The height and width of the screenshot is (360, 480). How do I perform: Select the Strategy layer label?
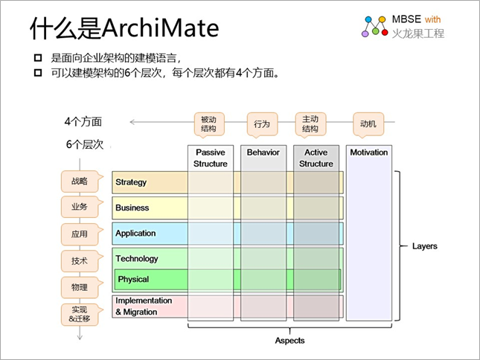pyautogui.click(x=131, y=182)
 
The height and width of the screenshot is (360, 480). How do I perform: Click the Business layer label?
pyautogui.click(x=132, y=208)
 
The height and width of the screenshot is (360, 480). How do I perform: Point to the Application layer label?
pyautogui.click(x=135, y=233)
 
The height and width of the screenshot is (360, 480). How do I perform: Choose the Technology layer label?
pyautogui.click(x=136, y=259)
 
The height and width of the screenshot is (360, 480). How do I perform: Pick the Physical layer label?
pyautogui.click(x=134, y=280)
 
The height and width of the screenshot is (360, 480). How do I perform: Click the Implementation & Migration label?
pyautogui.click(x=143, y=306)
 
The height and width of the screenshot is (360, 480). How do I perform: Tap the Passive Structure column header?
pyautogui.click(x=211, y=158)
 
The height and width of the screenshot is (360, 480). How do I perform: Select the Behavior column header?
pyautogui.click(x=263, y=152)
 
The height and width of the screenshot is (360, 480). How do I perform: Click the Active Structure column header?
pyautogui.click(x=316, y=158)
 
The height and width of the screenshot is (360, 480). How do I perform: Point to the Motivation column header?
pyautogui.click(x=369, y=152)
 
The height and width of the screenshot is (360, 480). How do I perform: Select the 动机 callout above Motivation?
pyautogui.click(x=368, y=124)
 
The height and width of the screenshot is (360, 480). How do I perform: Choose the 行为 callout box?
pyautogui.click(x=262, y=124)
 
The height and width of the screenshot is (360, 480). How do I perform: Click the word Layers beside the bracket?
pyautogui.click(x=424, y=246)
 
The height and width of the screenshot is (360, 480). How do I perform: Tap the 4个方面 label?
pyautogui.click(x=83, y=121)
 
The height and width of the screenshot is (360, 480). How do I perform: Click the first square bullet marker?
pyautogui.click(x=37, y=58)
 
